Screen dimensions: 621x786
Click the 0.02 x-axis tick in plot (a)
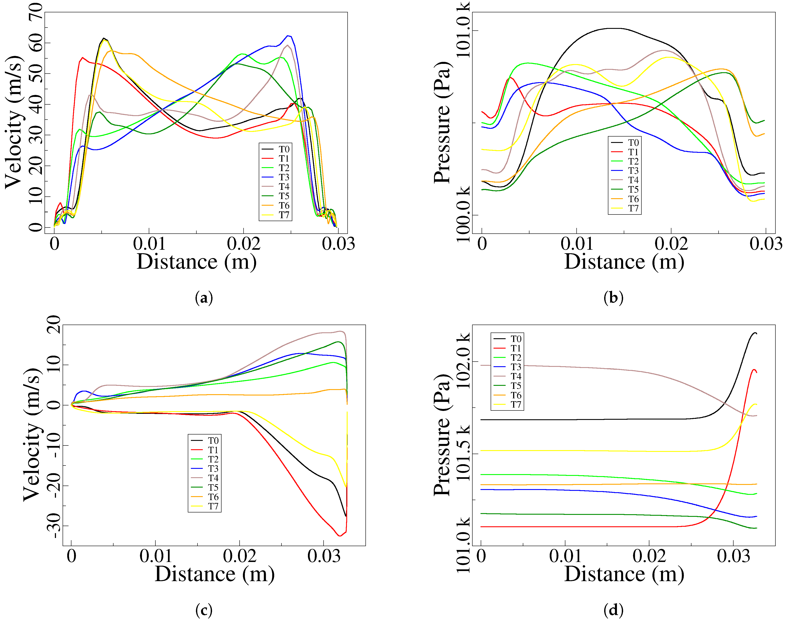point(243,244)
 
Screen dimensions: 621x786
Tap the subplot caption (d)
point(613,610)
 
